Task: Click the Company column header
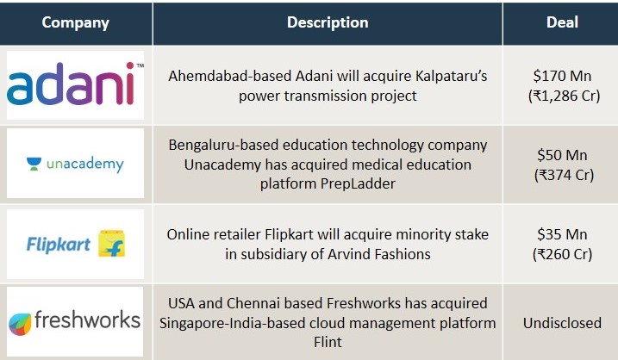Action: [x=75, y=23]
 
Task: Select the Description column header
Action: [x=328, y=22]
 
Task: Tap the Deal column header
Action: [x=562, y=22]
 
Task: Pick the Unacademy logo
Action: [x=75, y=164]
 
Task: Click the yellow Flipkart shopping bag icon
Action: [x=111, y=244]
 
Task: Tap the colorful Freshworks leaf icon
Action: [x=20, y=324]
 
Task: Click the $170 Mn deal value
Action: [x=562, y=76]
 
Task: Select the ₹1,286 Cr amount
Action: [x=564, y=96]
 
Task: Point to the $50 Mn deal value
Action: [x=562, y=155]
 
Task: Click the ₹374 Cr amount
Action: [x=564, y=175]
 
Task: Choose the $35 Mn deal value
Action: [x=562, y=234]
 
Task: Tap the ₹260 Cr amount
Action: [x=563, y=254]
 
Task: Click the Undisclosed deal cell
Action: [x=562, y=323]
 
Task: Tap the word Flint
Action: [x=328, y=342]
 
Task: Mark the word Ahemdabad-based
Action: [x=230, y=76]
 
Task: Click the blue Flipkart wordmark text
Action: [x=59, y=245]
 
